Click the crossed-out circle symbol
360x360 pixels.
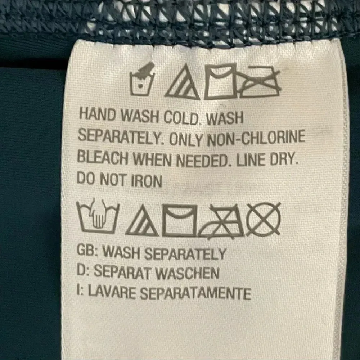[264, 219]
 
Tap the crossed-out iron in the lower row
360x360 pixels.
[221, 221]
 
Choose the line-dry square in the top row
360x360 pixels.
[220, 81]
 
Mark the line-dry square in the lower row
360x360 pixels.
[180, 220]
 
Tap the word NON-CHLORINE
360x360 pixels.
[256, 138]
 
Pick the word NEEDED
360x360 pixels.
[202, 160]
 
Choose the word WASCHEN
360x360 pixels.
[187, 273]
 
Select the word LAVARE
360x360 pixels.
[112, 292]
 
